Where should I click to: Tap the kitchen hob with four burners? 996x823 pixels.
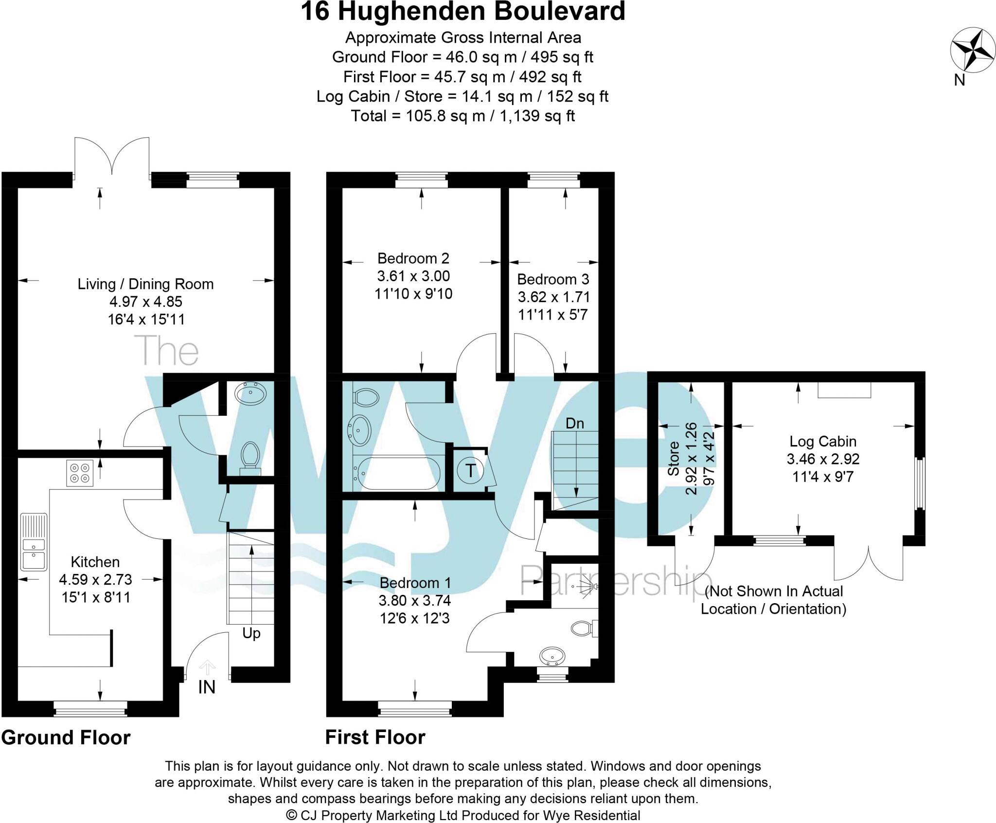tap(80, 473)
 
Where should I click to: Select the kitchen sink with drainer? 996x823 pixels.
tap(34, 541)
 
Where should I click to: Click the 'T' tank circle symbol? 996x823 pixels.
tap(470, 471)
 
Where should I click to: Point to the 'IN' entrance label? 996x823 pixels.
tap(206, 687)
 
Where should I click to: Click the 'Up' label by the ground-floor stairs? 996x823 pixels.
tap(251, 633)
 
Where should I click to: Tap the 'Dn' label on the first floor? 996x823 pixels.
tap(574, 423)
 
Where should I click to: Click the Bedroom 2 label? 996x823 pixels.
tap(413, 258)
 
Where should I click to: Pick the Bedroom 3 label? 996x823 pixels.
tap(553, 279)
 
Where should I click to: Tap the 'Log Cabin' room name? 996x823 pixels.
tap(822, 441)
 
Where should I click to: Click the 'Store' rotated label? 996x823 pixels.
tap(673, 458)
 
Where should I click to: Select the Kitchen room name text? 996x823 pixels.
tap(95, 562)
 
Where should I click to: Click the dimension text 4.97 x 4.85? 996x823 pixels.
tap(146, 302)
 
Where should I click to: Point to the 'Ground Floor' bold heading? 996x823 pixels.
tap(66, 737)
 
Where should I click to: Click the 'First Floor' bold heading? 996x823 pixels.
tap(375, 737)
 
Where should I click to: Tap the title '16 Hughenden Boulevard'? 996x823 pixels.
tap(463, 12)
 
